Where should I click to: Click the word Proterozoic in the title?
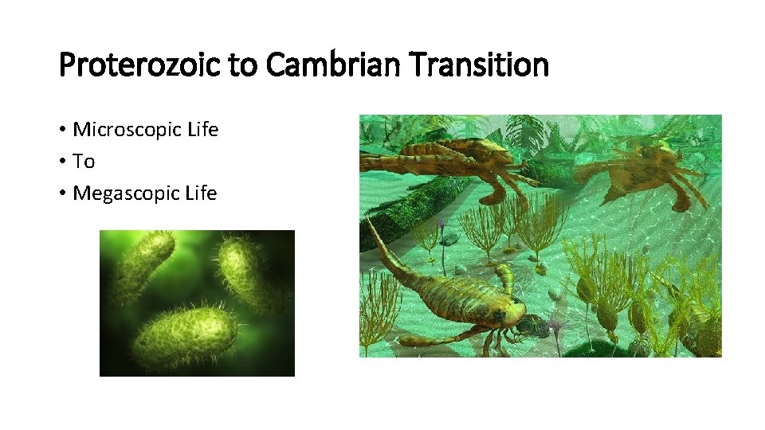(140, 65)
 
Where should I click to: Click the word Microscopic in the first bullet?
(129, 130)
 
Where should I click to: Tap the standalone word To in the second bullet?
(84, 162)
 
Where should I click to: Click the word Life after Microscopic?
(202, 130)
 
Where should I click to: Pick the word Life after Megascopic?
(201, 193)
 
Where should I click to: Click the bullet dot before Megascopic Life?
(62, 194)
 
